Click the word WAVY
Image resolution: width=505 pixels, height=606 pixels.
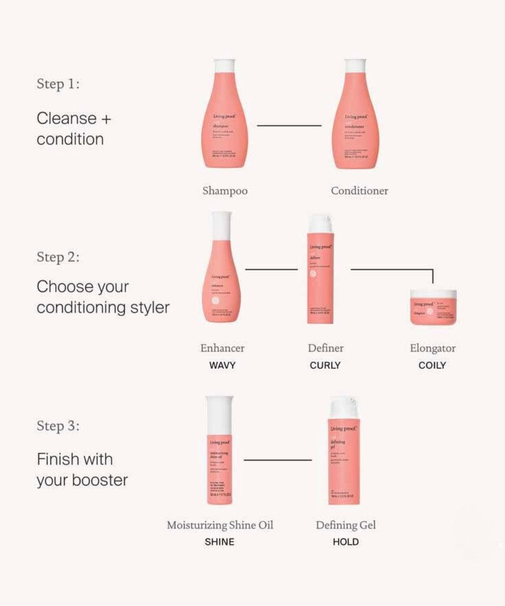coord(222,365)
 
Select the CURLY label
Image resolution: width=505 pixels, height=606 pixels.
coord(325,365)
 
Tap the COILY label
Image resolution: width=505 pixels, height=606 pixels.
coord(432,365)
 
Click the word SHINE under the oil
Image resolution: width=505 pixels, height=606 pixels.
coord(219,542)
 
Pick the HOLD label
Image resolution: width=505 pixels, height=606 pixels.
coord(346,542)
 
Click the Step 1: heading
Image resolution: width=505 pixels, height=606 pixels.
coord(58,84)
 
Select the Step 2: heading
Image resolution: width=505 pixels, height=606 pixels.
coord(58,257)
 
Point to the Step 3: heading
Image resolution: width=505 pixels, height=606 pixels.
coord(58,426)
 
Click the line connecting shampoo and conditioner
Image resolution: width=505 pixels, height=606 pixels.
coord(289,125)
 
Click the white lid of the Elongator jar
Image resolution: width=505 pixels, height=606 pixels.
coord(433,293)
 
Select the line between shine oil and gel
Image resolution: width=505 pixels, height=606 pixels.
coord(278,460)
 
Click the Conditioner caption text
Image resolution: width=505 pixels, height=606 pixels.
coord(360,191)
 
